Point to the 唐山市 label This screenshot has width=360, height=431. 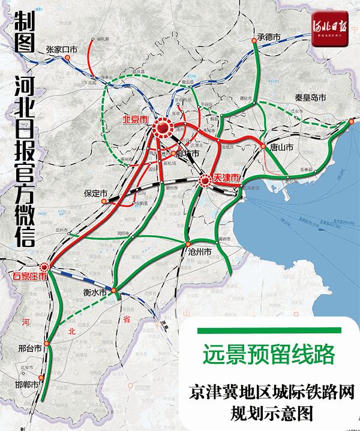[281, 146]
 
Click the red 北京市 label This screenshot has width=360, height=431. [134, 119]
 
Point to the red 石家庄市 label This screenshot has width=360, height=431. [30, 276]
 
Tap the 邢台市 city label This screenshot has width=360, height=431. [29, 348]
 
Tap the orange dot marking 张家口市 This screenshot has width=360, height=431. [68, 58]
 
